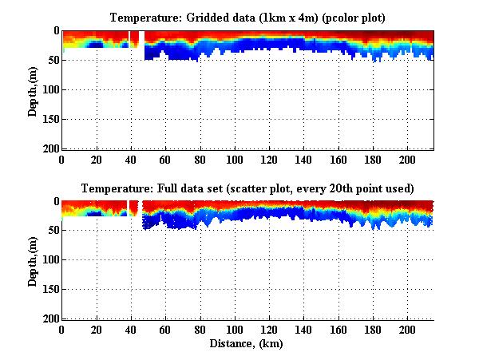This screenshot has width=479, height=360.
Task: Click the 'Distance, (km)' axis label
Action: point(247,344)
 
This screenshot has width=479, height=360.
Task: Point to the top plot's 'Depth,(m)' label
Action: point(34,89)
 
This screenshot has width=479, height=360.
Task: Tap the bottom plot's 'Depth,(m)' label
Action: point(34,260)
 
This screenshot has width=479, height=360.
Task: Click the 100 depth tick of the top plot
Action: point(49,89)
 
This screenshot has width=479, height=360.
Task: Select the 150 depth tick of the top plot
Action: point(49,119)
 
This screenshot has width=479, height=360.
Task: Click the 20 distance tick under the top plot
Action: point(97,158)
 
